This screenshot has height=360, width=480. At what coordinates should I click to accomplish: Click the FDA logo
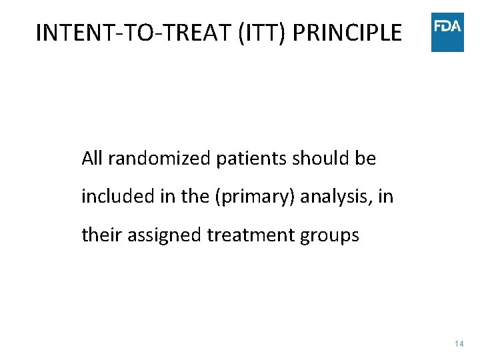(x=447, y=31)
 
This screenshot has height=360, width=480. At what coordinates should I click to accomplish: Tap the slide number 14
(x=459, y=344)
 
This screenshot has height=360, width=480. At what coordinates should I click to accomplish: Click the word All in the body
(x=92, y=159)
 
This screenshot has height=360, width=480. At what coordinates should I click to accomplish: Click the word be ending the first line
(x=365, y=159)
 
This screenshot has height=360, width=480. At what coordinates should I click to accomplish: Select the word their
(x=97, y=235)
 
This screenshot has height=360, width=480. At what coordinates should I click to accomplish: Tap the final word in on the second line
(x=387, y=197)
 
